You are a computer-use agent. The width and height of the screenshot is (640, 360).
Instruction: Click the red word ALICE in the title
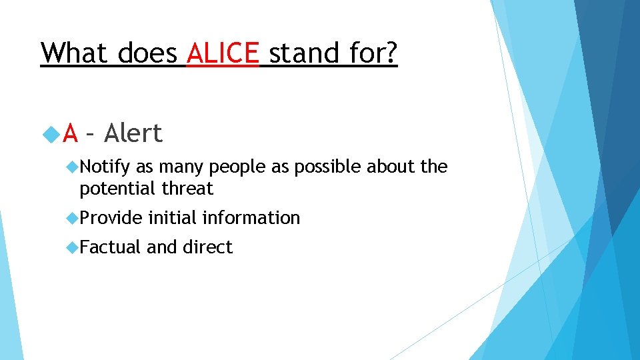pos(223,53)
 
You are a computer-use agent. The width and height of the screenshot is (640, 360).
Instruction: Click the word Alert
pos(133,134)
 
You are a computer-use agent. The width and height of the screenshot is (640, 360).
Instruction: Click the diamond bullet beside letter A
pos(51,135)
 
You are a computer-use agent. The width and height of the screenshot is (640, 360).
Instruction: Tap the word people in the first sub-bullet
pos(233,167)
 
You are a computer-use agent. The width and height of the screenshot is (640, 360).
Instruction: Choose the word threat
pos(187,189)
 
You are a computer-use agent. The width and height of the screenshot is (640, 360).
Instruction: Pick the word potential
pos(118,189)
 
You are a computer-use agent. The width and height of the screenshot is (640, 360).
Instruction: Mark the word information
pos(251,218)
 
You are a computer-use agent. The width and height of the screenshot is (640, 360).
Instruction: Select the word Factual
pos(110,247)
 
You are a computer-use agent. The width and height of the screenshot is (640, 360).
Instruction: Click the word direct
pos(207,247)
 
